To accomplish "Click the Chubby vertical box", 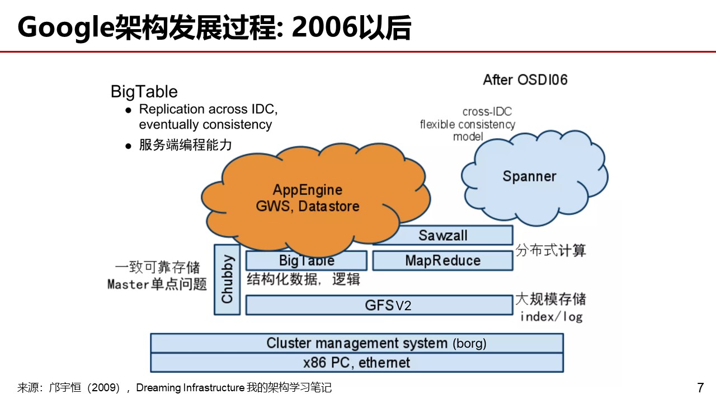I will [x=227, y=279].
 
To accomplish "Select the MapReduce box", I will [x=442, y=260].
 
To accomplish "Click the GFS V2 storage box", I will [x=379, y=305].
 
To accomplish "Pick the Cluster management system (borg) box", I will [x=357, y=343].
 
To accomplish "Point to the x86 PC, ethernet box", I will [x=357, y=363].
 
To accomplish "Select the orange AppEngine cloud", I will [x=308, y=199].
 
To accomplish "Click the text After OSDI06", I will [x=525, y=79].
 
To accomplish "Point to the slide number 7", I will [x=700, y=387].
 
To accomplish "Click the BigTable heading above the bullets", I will [x=144, y=91].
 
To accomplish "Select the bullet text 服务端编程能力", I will [x=185, y=145].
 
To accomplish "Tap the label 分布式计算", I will [x=550, y=250].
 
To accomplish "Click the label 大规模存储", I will [x=550, y=298].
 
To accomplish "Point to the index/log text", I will [x=551, y=317].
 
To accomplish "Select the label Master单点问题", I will [x=157, y=284].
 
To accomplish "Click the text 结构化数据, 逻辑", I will [x=303, y=279].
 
